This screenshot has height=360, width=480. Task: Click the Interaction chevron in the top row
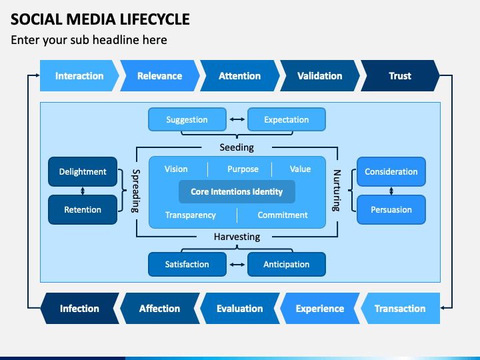[x=79, y=75]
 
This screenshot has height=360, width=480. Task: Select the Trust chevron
[x=400, y=75]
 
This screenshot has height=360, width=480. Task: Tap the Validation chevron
[x=319, y=75]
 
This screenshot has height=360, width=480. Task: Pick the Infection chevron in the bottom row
[x=79, y=308]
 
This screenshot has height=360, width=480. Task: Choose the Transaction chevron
[x=400, y=308]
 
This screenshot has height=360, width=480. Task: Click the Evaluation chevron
[x=240, y=308]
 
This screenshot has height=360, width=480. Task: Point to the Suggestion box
[x=187, y=119]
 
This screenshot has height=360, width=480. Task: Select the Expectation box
[x=287, y=119]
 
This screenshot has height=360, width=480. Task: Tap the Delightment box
[x=83, y=172]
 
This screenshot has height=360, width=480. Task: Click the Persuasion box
[x=391, y=210]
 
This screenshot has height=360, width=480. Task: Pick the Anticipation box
[x=287, y=264]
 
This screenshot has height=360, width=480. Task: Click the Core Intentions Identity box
[x=237, y=191]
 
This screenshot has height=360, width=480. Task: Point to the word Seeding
[x=237, y=147]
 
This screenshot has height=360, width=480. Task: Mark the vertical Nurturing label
[x=337, y=191]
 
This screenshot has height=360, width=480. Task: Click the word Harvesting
[x=237, y=237]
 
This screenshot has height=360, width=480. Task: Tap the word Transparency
[x=191, y=215]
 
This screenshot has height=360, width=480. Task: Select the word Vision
[x=176, y=169]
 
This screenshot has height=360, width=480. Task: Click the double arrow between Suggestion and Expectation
[x=237, y=119]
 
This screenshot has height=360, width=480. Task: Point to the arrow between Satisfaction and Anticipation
[x=237, y=265]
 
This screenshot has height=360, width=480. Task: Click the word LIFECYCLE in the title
[x=155, y=19]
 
